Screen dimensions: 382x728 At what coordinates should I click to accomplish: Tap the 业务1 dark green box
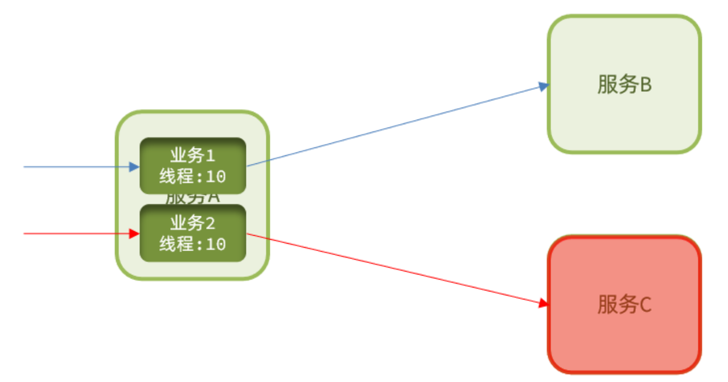[x=192, y=166]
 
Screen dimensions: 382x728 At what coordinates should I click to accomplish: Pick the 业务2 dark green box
[x=192, y=233]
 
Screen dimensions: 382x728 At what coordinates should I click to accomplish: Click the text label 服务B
[x=624, y=85]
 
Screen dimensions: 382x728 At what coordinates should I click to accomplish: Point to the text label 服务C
[x=624, y=305]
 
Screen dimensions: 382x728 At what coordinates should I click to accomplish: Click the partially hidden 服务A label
[x=192, y=199]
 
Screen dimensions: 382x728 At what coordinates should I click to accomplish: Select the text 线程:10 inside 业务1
[x=192, y=177]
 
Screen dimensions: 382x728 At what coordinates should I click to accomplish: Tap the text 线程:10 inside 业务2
[x=192, y=244]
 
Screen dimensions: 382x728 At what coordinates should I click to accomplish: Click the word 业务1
[x=192, y=155]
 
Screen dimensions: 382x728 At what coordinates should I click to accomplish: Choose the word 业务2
[x=192, y=223]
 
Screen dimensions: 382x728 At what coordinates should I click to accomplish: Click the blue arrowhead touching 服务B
[x=544, y=87]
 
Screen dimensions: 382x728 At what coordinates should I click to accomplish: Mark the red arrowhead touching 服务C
[x=543, y=303]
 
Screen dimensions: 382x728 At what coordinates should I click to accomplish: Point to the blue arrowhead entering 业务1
[x=134, y=167]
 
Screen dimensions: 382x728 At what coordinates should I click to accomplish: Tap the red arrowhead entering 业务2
[x=134, y=233]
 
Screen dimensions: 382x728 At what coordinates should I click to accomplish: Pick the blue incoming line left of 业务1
[x=74, y=167]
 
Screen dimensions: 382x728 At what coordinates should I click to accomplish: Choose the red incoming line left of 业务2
[x=74, y=233]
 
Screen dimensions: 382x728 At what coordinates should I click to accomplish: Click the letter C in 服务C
[x=645, y=305]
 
